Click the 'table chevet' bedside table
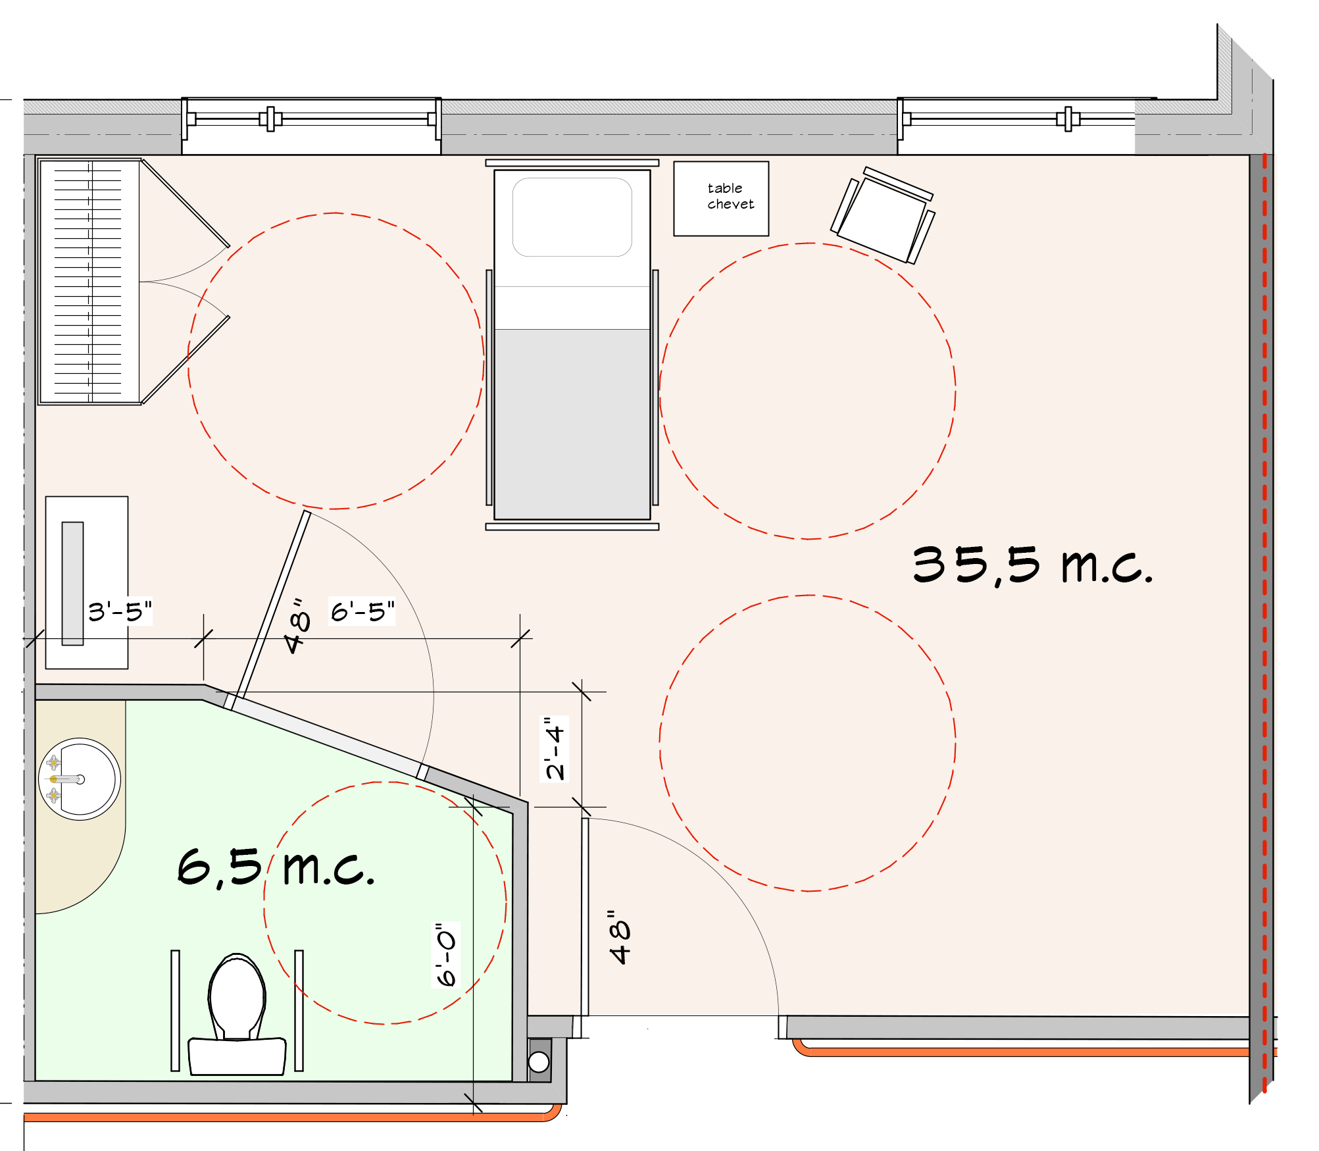(x=721, y=198)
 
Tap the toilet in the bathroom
(x=237, y=1013)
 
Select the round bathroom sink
(x=80, y=779)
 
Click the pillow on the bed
(x=572, y=217)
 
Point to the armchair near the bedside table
(x=883, y=215)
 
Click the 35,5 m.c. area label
(x=1033, y=565)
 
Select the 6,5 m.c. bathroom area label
(x=276, y=867)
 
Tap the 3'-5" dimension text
(x=120, y=611)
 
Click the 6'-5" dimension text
(x=362, y=611)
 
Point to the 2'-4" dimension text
(x=555, y=748)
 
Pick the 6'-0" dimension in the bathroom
(x=446, y=955)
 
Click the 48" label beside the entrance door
(x=620, y=938)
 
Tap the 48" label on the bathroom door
(x=297, y=626)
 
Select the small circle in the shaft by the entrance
(x=539, y=1061)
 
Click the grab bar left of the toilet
(x=175, y=1010)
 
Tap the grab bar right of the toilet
(x=299, y=1010)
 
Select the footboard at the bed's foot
(x=572, y=526)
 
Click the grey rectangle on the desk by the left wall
(x=73, y=584)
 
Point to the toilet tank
(x=237, y=1057)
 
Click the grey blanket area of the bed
(x=572, y=424)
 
